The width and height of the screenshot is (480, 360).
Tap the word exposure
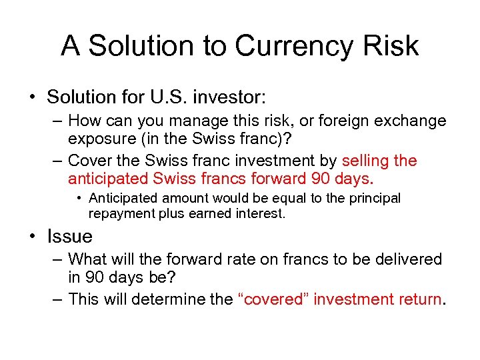[x=104, y=139]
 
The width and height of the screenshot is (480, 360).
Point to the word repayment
[x=119, y=213]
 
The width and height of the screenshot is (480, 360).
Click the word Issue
[x=69, y=236]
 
